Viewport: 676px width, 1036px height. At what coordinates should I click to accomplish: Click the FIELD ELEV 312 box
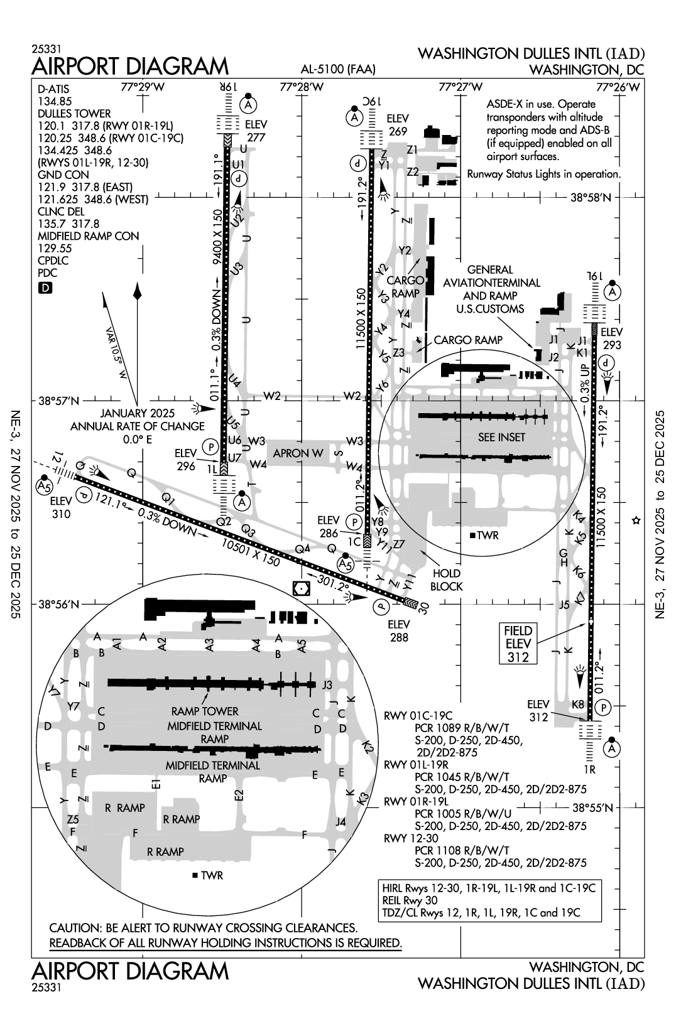click(x=518, y=644)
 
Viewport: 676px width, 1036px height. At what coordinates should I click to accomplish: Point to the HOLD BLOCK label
click(x=447, y=580)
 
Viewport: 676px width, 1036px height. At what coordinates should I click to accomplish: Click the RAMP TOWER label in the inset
click(x=205, y=711)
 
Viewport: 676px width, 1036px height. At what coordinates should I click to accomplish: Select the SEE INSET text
click(x=501, y=437)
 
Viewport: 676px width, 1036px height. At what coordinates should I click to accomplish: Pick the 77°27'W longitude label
click(x=460, y=87)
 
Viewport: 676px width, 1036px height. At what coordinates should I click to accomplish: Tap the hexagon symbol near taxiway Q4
click(x=302, y=588)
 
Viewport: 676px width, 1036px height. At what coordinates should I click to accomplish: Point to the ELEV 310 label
click(x=61, y=507)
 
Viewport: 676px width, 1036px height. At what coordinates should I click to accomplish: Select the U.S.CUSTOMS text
click(x=491, y=308)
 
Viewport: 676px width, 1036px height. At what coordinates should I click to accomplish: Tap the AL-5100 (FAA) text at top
click(x=338, y=70)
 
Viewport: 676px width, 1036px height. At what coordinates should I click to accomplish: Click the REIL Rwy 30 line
click(x=410, y=900)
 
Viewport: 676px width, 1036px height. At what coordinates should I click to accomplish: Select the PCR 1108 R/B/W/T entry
click(x=461, y=850)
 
